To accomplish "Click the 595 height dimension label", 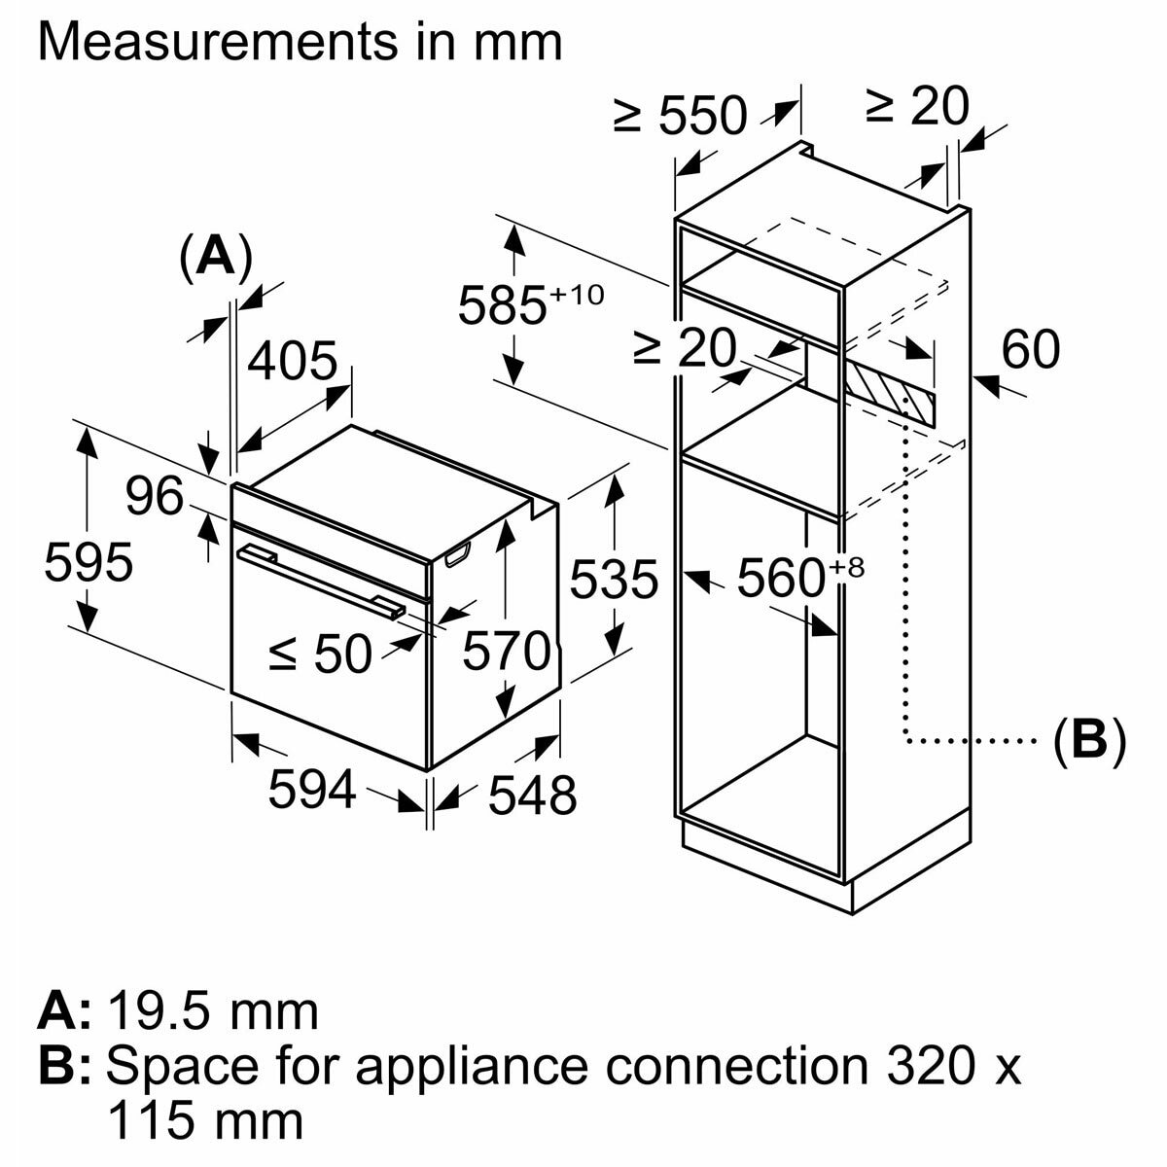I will [88, 563].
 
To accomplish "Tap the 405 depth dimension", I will [292, 363].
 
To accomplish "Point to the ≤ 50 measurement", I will [320, 654].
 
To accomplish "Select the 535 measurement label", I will [614, 581].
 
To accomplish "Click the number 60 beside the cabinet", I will [1031, 350].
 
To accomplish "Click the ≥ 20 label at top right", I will [918, 108].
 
